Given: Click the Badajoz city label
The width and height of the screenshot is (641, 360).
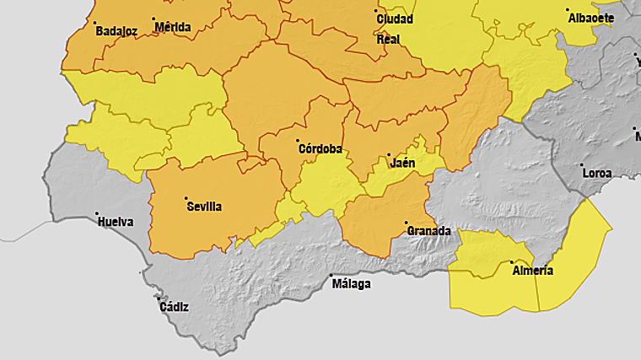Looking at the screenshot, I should click(116, 31).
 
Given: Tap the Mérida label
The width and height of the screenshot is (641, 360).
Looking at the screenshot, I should click(173, 27).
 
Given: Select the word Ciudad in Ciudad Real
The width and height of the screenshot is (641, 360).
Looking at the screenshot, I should click(395, 19).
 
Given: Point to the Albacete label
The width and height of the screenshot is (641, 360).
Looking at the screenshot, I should click(590, 18).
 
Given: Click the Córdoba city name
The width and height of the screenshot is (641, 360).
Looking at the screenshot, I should click(320, 149).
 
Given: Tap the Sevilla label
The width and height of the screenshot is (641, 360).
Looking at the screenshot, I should click(204, 206).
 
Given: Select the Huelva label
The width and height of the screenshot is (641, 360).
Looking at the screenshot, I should click(116, 222).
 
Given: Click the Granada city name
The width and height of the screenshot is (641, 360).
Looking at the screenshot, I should click(428, 230).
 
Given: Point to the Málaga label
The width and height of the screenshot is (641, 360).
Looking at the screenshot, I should click(351, 283).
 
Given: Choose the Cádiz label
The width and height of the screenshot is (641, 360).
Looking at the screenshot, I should click(174, 306).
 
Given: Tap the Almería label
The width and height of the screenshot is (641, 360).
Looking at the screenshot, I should click(532, 270).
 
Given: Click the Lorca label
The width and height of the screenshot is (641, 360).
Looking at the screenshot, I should click(596, 173).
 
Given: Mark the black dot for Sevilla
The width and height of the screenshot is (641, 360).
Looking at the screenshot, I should click(186, 198).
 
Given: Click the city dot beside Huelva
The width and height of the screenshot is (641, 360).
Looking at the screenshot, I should click(97, 214).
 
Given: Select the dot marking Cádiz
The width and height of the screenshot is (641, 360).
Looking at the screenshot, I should click(158, 298).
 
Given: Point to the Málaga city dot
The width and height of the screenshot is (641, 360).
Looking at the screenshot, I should click(331, 277).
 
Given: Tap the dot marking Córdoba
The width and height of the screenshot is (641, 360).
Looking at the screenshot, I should click(299, 141).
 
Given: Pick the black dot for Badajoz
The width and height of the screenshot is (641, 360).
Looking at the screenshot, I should click(95, 23).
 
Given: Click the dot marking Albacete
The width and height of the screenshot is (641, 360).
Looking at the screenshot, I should click(568, 10).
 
